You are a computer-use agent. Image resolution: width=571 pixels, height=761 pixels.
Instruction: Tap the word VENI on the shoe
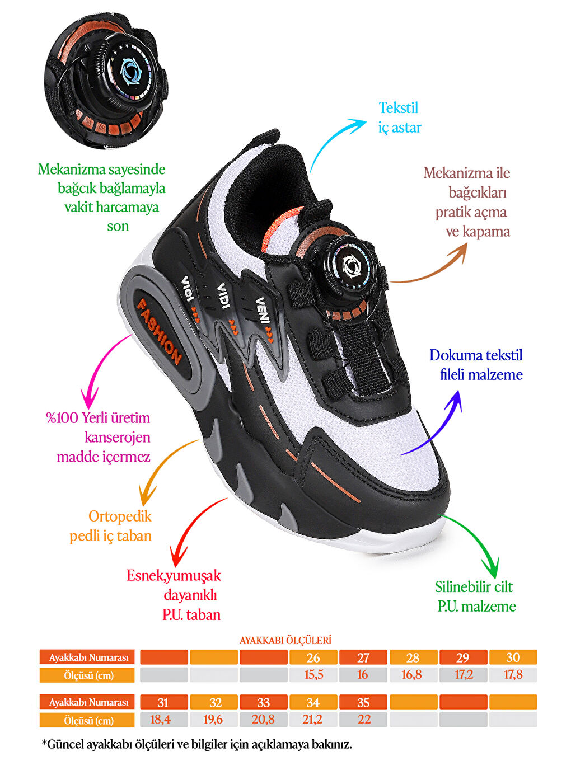pos(262,309)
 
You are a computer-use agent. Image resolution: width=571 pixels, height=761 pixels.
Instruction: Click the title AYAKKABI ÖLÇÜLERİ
pos(285,640)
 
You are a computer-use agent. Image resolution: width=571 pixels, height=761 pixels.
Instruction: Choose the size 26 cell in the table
pos(313,657)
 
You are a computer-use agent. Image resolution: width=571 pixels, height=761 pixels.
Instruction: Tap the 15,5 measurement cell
pos(313,675)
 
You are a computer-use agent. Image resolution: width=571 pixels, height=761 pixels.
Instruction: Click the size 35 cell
pos(363,702)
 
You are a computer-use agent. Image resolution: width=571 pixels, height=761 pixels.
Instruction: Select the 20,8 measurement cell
pos(263,720)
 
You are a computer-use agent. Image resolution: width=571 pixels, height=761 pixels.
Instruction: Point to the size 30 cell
pos(513,657)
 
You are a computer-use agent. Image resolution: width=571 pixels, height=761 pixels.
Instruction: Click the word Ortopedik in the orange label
pos(120,516)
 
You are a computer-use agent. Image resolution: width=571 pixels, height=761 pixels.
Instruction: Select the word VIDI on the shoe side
pos(223,295)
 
